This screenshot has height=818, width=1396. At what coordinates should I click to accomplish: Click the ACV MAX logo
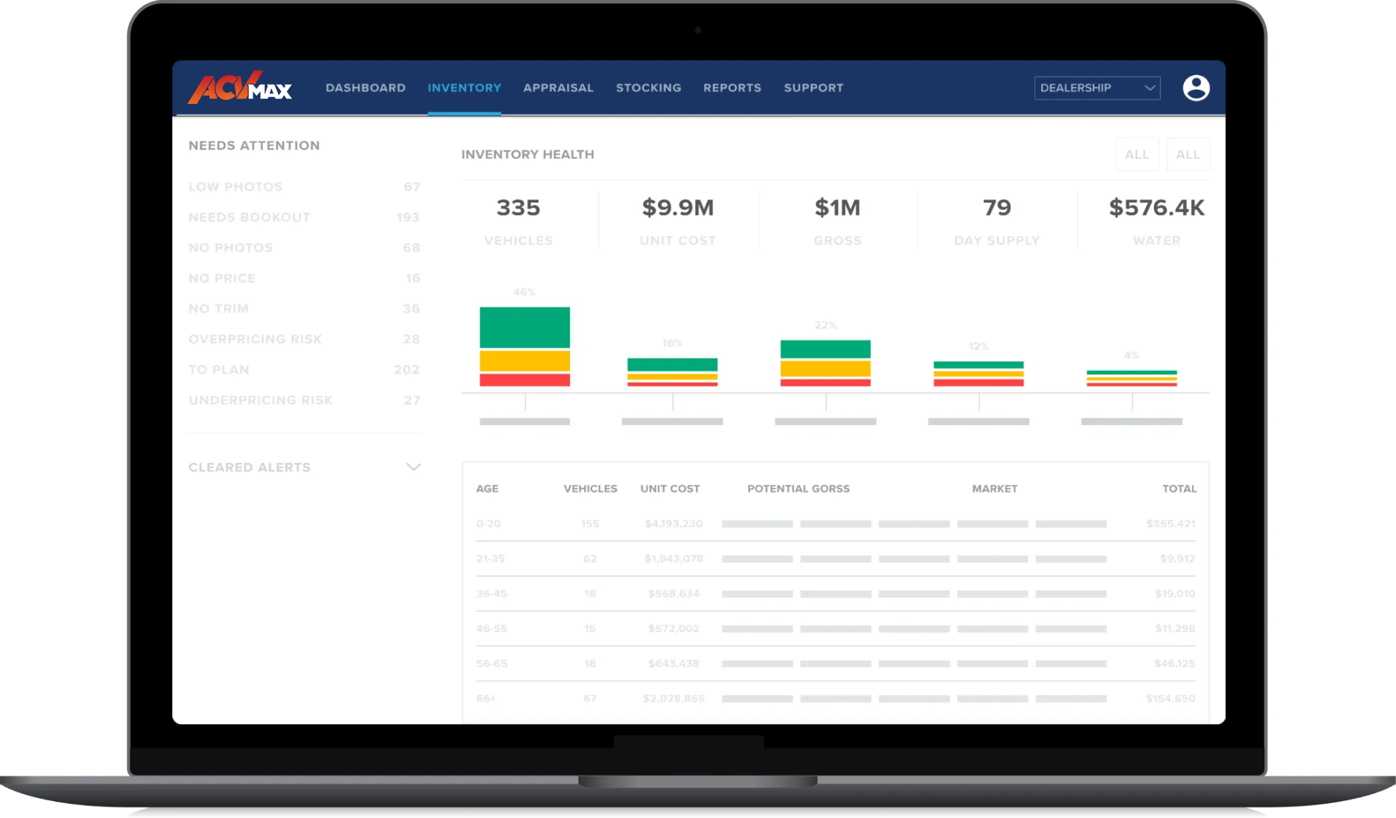[x=240, y=88]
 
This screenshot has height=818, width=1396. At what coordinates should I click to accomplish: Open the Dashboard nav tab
[x=366, y=88]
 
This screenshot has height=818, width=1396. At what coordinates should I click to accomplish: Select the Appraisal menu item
[x=559, y=88]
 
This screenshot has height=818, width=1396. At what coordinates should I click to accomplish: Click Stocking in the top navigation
[x=649, y=88]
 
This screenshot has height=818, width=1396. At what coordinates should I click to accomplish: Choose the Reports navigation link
[x=732, y=88]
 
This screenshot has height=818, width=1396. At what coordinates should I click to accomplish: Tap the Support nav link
[x=813, y=88]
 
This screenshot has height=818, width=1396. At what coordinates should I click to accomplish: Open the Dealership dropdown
[x=1097, y=88]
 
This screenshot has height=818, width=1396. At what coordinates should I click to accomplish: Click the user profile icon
[x=1196, y=88]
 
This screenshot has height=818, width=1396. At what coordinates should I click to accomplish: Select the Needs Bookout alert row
[x=250, y=217]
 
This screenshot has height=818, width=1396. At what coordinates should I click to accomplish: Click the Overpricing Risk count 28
[x=411, y=339]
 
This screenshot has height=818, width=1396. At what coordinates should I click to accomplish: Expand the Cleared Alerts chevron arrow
[x=413, y=467]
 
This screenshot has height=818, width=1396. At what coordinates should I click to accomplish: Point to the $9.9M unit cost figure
[x=677, y=208]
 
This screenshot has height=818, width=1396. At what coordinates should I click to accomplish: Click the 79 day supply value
[x=997, y=208]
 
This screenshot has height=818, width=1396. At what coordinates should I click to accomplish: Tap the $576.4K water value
[x=1156, y=208]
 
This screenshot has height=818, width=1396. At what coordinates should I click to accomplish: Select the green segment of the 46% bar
[x=524, y=327]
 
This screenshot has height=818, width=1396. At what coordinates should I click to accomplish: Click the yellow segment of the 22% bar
[x=825, y=368]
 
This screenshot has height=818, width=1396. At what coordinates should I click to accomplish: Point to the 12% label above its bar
[x=978, y=346]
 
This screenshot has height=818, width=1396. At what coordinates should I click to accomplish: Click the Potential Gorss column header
[x=798, y=488]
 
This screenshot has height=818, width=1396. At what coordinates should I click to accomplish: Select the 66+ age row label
[x=486, y=698]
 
